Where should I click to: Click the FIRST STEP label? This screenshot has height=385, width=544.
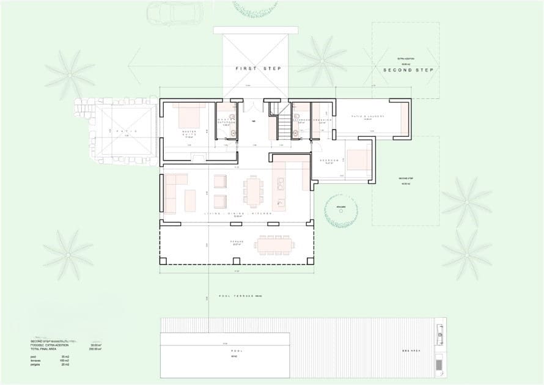(259, 68)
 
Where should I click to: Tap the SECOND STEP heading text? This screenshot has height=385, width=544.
(408, 70)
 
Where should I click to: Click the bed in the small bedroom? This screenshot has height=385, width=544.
(358, 160)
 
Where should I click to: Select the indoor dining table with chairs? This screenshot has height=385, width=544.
(252, 191)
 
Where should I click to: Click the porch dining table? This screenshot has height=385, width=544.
(276, 245)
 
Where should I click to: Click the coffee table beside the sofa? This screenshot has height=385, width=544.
(190, 200)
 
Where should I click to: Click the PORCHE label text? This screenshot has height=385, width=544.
(237, 242)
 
